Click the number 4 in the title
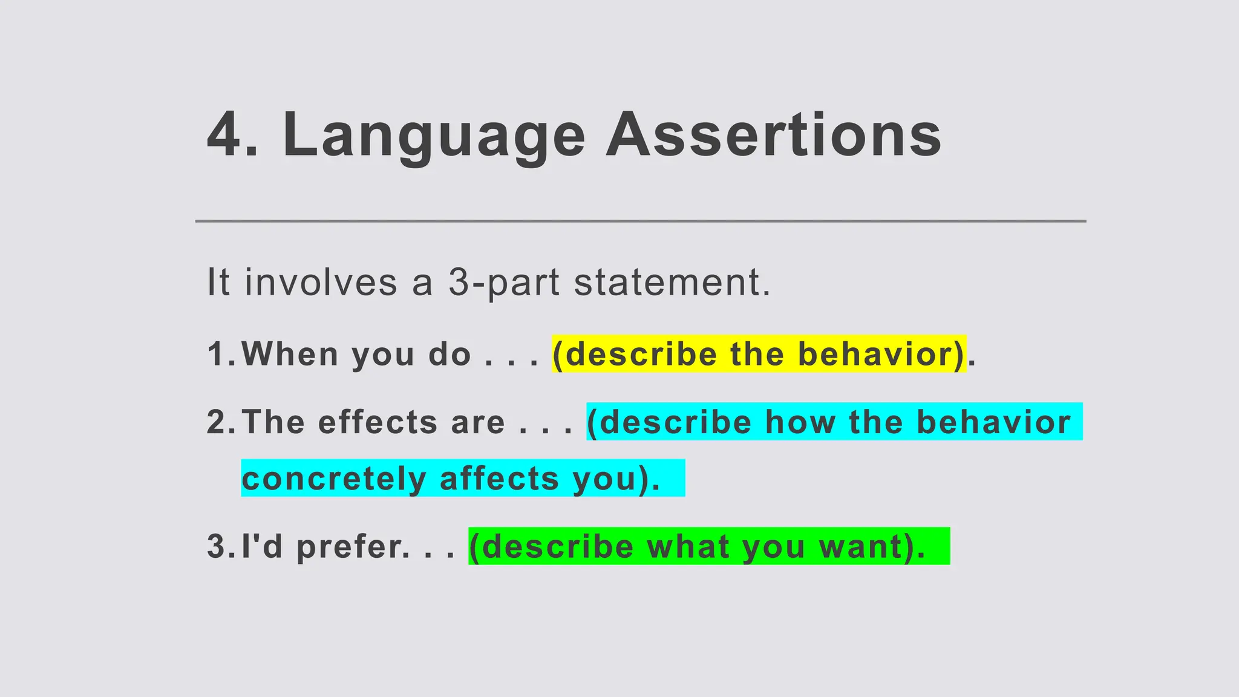tap(224, 135)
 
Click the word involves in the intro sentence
tap(321, 282)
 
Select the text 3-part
tap(504, 282)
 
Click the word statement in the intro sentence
tap(672, 282)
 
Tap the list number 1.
tap(218, 354)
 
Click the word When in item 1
tap(290, 354)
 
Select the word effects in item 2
tap(377, 422)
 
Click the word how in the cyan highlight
tap(800, 422)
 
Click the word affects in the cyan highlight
tap(499, 479)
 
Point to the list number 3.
tap(218, 546)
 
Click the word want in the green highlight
tap(854, 546)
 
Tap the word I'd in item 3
tap(262, 546)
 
